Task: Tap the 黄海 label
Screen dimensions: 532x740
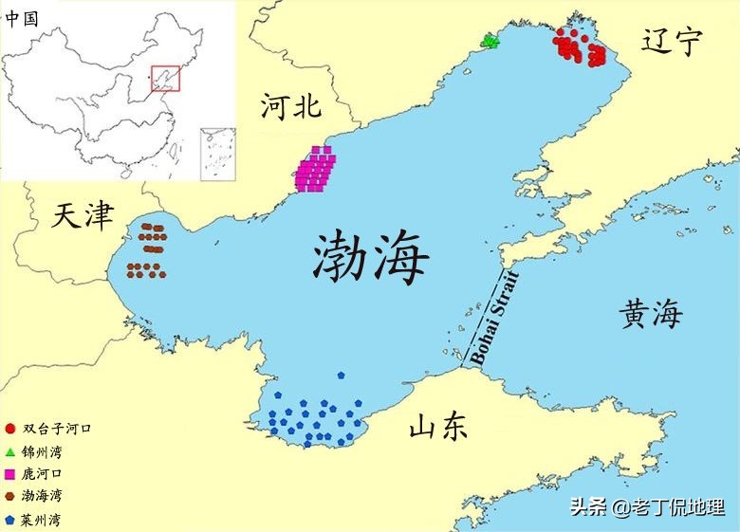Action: coord(652,313)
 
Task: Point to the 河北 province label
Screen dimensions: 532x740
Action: coord(291,106)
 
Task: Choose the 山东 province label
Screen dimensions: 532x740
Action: coord(438,428)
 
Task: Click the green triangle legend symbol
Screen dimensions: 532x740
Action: coord(9,451)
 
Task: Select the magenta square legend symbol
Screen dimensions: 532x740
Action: coord(9,473)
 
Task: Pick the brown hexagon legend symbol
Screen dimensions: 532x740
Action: coord(9,496)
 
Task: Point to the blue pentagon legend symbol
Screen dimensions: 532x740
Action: coord(9,520)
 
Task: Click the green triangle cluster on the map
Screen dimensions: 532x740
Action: coord(490,41)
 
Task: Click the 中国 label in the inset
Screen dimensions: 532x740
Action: coord(22,17)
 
